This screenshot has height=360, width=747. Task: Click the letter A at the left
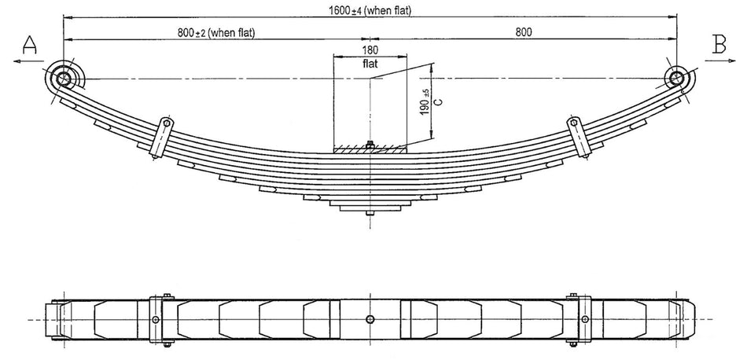click(29, 47)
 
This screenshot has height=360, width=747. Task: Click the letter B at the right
click(719, 46)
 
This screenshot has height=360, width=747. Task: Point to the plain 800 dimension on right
click(524, 31)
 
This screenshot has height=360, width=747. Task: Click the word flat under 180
click(371, 64)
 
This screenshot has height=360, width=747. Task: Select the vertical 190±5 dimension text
click(424, 102)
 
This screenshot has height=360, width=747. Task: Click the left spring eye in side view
click(64, 78)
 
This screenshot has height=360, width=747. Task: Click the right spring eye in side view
click(676, 78)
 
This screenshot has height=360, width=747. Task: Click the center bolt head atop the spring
click(370, 143)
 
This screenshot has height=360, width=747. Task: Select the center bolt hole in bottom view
click(370, 319)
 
